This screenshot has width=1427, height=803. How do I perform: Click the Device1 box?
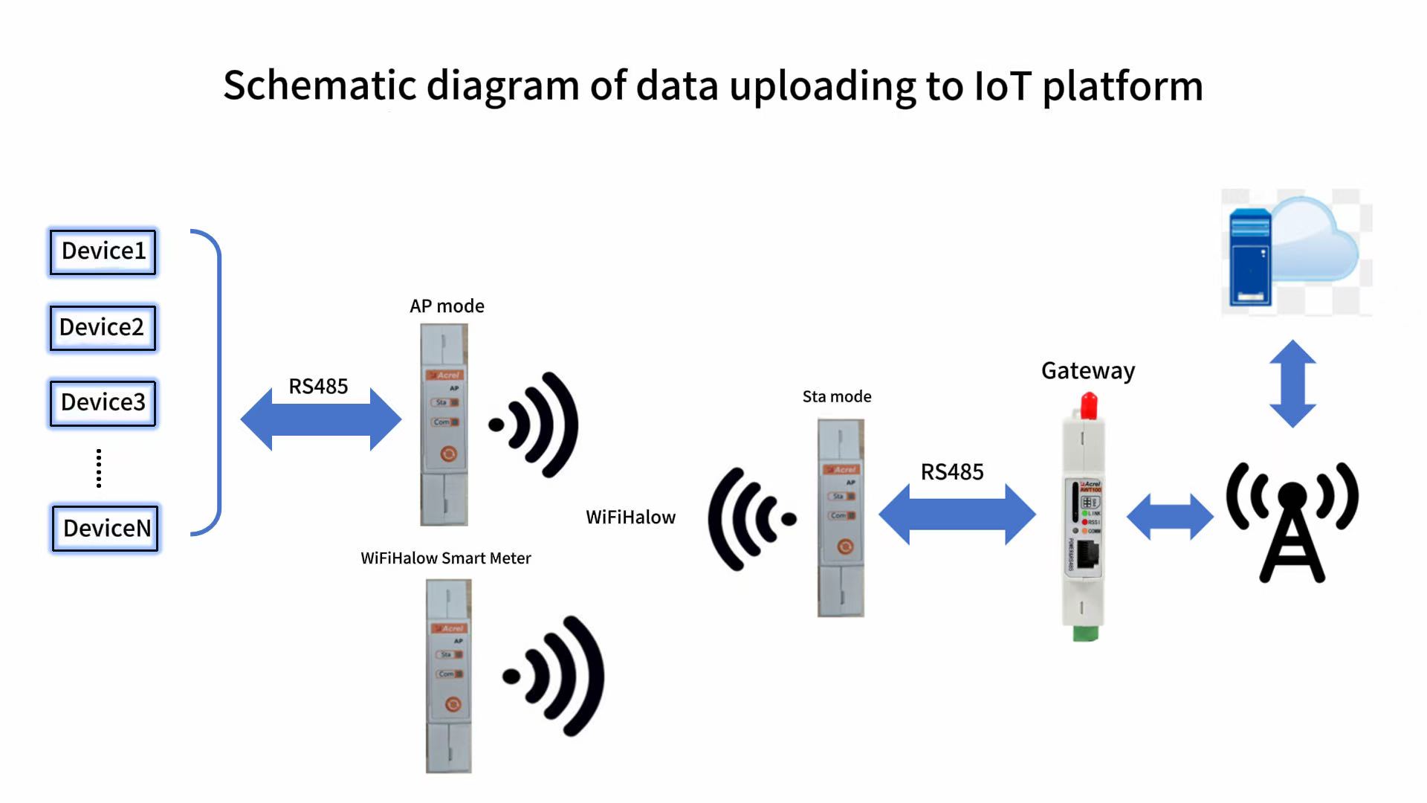(x=103, y=251)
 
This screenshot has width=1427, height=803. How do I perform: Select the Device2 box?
(x=103, y=327)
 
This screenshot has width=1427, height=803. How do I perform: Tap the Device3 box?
(x=103, y=403)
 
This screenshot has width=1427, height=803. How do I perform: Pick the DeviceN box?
(x=105, y=529)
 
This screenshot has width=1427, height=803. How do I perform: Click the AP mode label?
(x=447, y=306)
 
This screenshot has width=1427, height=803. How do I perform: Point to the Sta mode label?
(x=837, y=397)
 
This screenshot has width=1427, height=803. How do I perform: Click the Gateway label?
(x=1088, y=370)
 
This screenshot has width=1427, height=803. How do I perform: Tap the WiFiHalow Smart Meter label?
(x=446, y=558)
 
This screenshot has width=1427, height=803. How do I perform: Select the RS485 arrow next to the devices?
(x=321, y=419)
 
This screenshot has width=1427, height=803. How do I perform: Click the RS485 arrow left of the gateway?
(x=957, y=514)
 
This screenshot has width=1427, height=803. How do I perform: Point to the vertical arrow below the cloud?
(x=1293, y=384)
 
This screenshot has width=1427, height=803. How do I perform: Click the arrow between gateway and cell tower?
(x=1170, y=516)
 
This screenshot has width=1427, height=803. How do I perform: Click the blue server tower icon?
(x=1250, y=257)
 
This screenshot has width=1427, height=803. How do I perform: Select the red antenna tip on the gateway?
(x=1089, y=405)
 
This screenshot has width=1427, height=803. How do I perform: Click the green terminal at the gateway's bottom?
(x=1085, y=633)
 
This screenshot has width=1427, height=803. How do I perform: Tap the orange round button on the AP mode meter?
(x=448, y=454)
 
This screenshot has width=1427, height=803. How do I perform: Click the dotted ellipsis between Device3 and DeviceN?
(x=99, y=468)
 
